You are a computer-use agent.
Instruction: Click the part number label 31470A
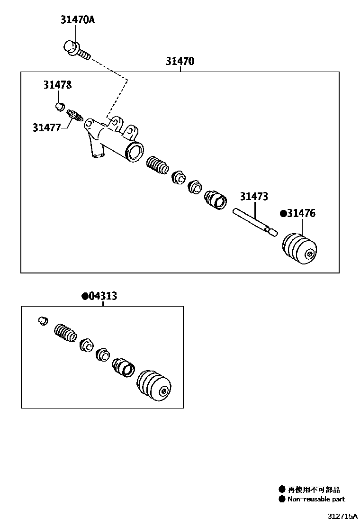pos(77,20)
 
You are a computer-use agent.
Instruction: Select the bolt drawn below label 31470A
pos(76,50)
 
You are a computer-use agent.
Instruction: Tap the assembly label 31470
pos(180,61)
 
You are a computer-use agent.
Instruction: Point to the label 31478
pos(58,85)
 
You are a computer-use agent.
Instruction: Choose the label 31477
pos(46,127)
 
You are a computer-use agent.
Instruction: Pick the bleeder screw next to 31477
pos(75,115)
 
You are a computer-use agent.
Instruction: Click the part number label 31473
pos(254,196)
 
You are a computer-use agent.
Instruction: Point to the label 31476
pos(301,214)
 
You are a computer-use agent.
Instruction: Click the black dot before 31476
pos(283,214)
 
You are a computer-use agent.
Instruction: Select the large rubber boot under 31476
pos(299,247)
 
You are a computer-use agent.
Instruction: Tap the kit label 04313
pos(103,296)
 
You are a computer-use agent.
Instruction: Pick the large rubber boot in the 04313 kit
pos(153,385)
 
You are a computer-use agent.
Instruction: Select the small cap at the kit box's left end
pos(43,320)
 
